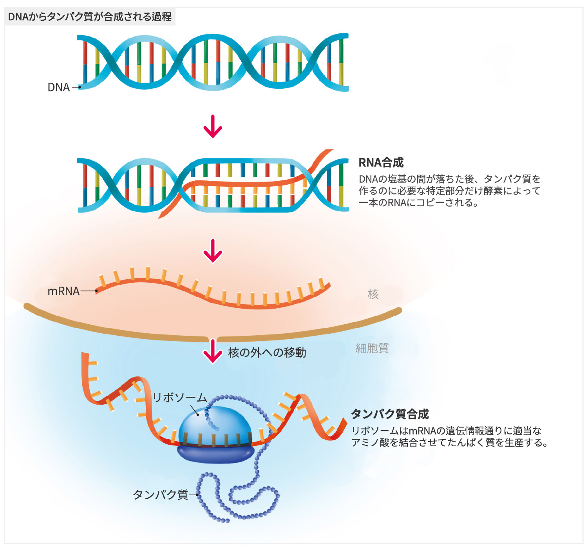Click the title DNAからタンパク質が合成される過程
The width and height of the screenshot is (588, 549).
tap(90, 17)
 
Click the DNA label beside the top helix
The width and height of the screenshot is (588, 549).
tap(58, 87)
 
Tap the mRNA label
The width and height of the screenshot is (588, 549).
tap(63, 291)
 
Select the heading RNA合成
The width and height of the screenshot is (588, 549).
tap(381, 162)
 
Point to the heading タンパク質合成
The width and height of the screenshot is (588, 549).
tap(389, 414)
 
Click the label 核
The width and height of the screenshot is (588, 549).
tap(373, 294)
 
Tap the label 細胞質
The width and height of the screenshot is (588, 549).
tap(372, 348)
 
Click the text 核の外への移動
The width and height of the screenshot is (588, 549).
tap(267, 353)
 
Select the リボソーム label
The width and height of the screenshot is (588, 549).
tap(179, 398)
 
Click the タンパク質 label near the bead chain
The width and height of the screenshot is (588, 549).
tap(161, 494)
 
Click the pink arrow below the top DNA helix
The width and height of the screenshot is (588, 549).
tap(213, 126)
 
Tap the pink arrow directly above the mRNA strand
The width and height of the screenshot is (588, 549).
tap(213, 251)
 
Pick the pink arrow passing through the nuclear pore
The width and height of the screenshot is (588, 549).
tap(213, 351)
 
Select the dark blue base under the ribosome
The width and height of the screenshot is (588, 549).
tap(215, 453)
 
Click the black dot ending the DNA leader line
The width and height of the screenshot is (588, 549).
tap(80, 87)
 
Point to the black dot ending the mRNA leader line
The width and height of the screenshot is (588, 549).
tap(96, 291)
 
